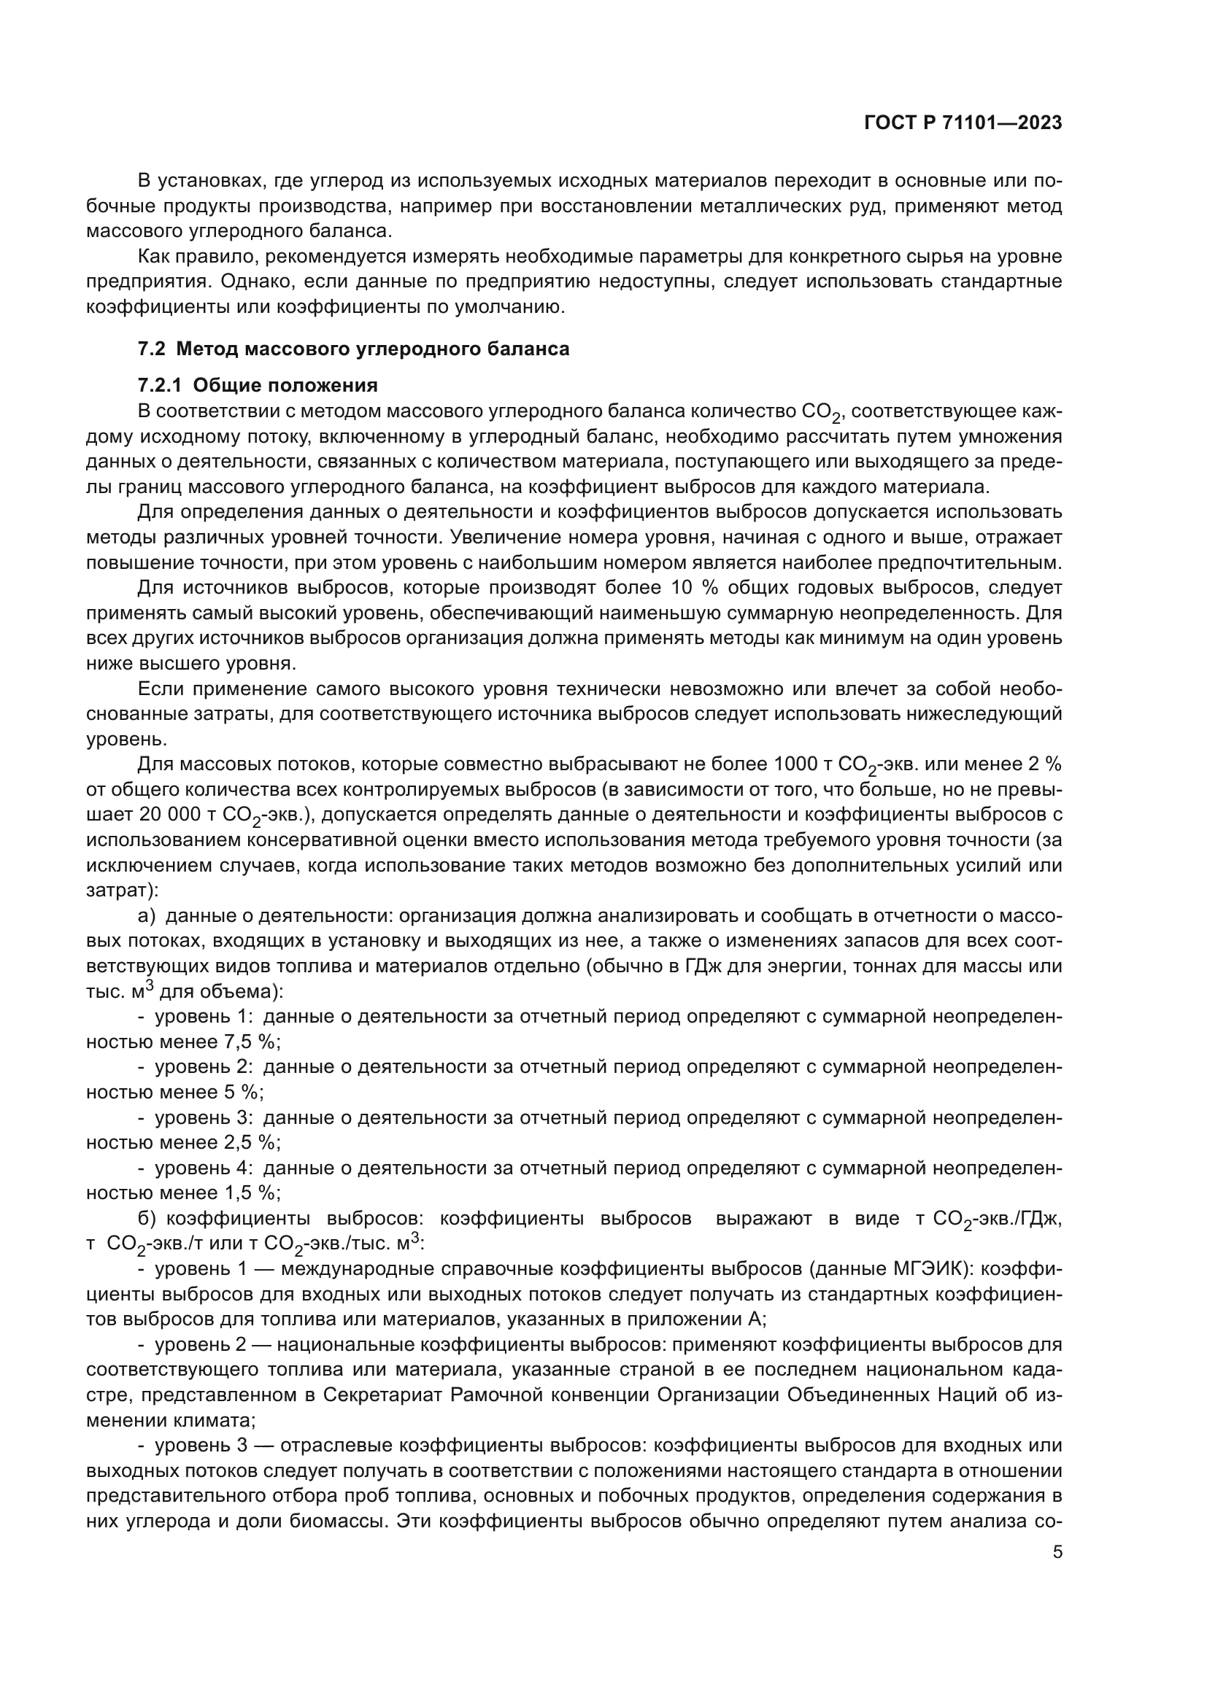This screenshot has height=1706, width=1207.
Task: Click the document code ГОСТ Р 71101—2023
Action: [x=963, y=123]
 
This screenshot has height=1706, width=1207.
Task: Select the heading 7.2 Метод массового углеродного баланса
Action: [x=354, y=349]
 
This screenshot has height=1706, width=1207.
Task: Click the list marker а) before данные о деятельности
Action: [x=147, y=915]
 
